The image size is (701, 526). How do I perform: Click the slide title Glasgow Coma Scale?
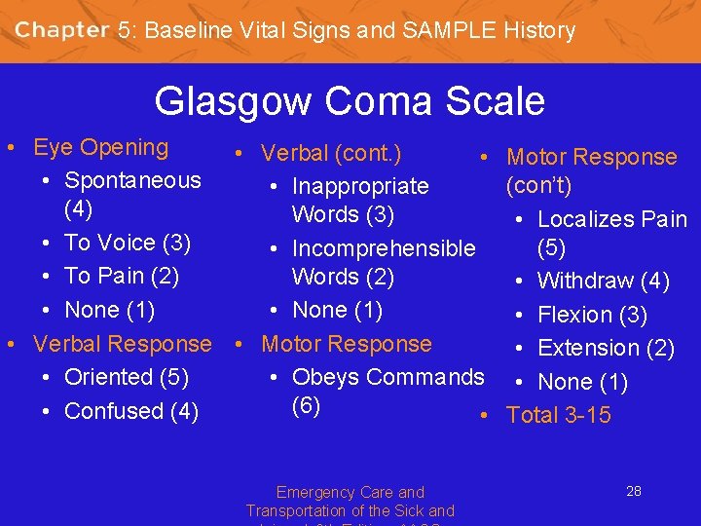[x=350, y=101]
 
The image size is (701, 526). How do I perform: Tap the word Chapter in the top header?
[x=61, y=30]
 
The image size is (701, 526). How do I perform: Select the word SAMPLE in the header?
[x=446, y=30]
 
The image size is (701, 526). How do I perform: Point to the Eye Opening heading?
[x=100, y=148]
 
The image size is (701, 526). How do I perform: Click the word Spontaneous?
[x=132, y=180]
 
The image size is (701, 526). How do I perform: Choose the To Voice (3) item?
[x=127, y=243]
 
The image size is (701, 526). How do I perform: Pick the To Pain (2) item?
[x=122, y=276]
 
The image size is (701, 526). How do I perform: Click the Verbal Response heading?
[x=122, y=344]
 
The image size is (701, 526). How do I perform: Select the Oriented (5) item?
[x=127, y=377]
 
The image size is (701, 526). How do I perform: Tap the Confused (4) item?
[x=131, y=411]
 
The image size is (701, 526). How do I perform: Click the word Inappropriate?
[x=360, y=186]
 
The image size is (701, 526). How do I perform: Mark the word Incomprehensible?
[x=384, y=248]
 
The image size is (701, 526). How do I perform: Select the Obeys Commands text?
[x=387, y=377]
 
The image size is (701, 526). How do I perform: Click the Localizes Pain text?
[x=612, y=220]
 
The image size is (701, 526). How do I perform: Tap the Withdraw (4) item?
[x=603, y=282]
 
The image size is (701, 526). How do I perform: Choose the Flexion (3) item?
[x=592, y=316]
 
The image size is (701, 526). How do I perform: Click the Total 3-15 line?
[x=559, y=415]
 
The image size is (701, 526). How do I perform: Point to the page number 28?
[x=633, y=491]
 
